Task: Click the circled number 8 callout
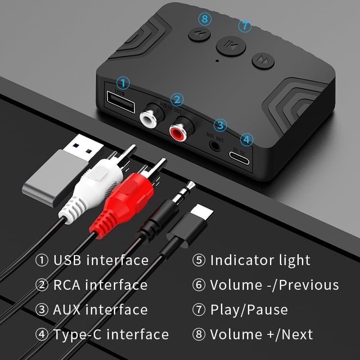coord(205,19)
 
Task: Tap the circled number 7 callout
coord(244,26)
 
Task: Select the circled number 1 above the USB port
coord(123,83)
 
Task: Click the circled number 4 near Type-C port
coord(245,139)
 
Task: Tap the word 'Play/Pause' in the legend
coord(248,310)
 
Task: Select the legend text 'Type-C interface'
coord(111,334)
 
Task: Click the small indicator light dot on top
coord(217,60)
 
